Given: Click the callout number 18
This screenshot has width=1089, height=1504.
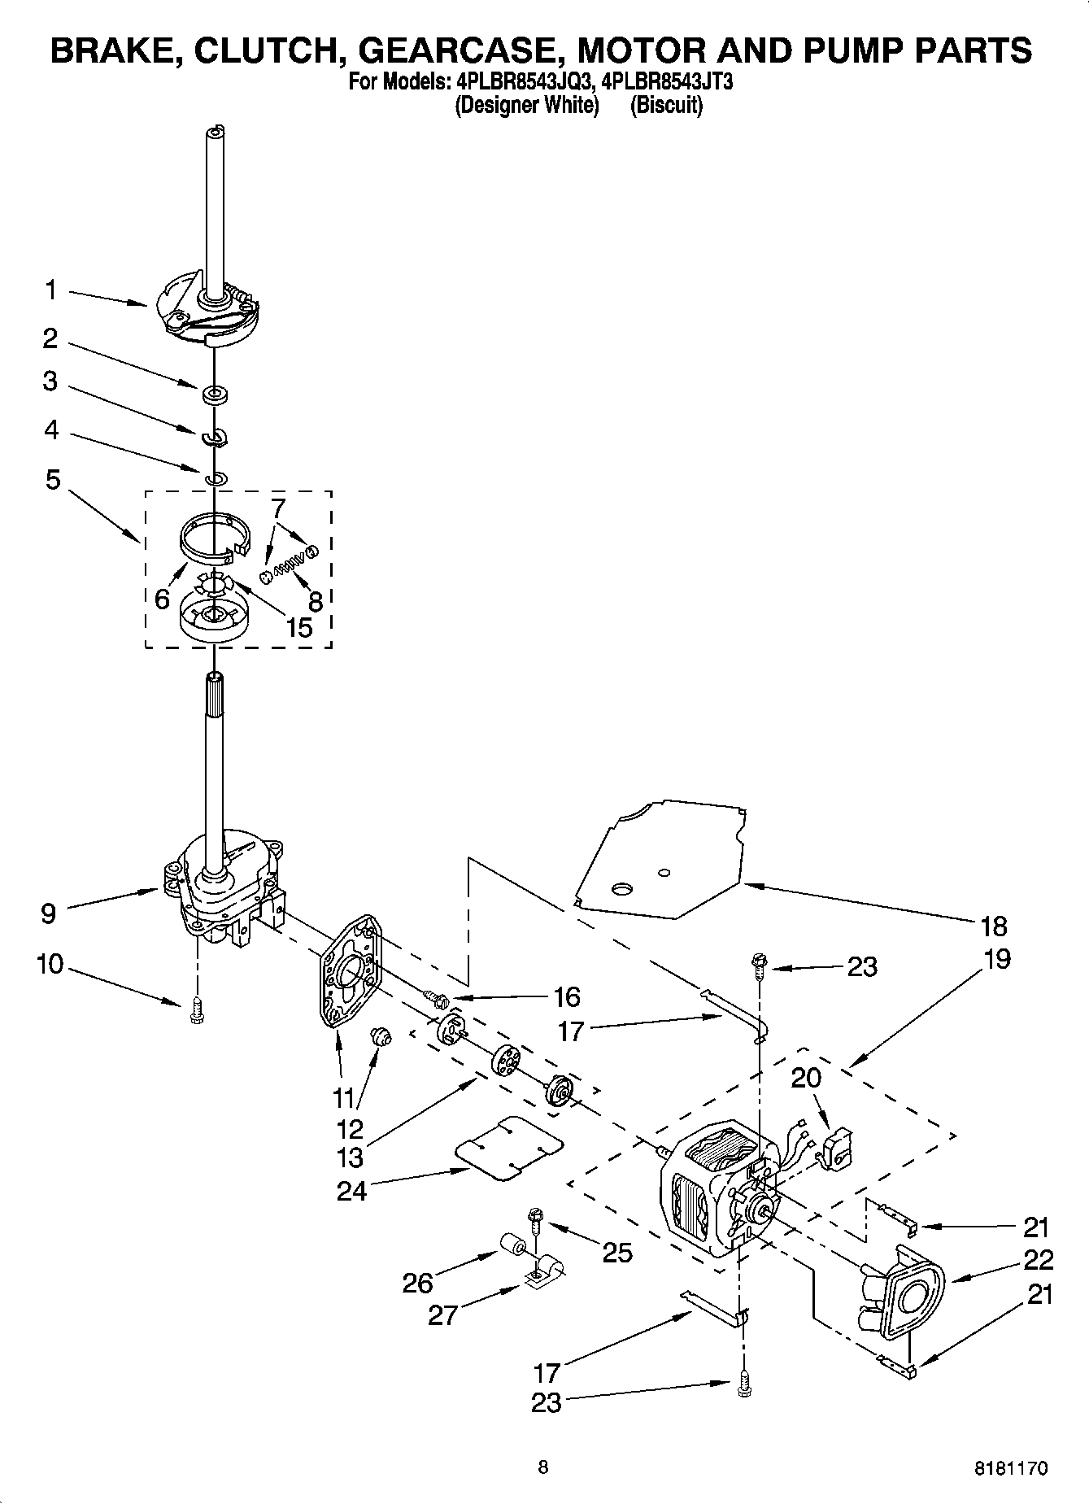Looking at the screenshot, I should pyautogui.click(x=994, y=926).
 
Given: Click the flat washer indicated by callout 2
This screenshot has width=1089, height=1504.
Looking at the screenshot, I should pyautogui.click(x=216, y=395).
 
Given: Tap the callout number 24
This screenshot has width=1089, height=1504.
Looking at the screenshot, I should pyautogui.click(x=352, y=1190).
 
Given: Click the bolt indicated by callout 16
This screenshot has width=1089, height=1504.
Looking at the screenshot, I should pyautogui.click(x=436, y=997).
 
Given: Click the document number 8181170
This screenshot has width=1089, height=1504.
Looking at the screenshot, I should pyautogui.click(x=1011, y=1469).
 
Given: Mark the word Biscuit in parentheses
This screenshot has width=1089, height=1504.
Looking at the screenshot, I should pyautogui.click(x=666, y=106).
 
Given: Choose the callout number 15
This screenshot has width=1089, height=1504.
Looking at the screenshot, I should pyautogui.click(x=300, y=626).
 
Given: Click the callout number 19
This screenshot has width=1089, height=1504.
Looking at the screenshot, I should pyautogui.click(x=997, y=958).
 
